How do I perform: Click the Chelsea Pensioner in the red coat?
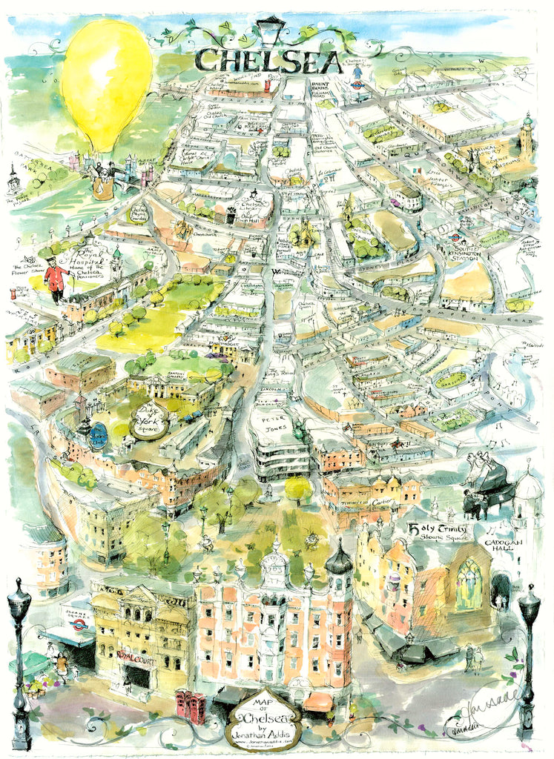click(x=56, y=279)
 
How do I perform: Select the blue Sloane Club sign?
click(x=99, y=435)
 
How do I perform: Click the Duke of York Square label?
click(x=151, y=421)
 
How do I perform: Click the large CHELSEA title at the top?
click(x=268, y=60)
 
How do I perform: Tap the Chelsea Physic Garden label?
click(x=140, y=213)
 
